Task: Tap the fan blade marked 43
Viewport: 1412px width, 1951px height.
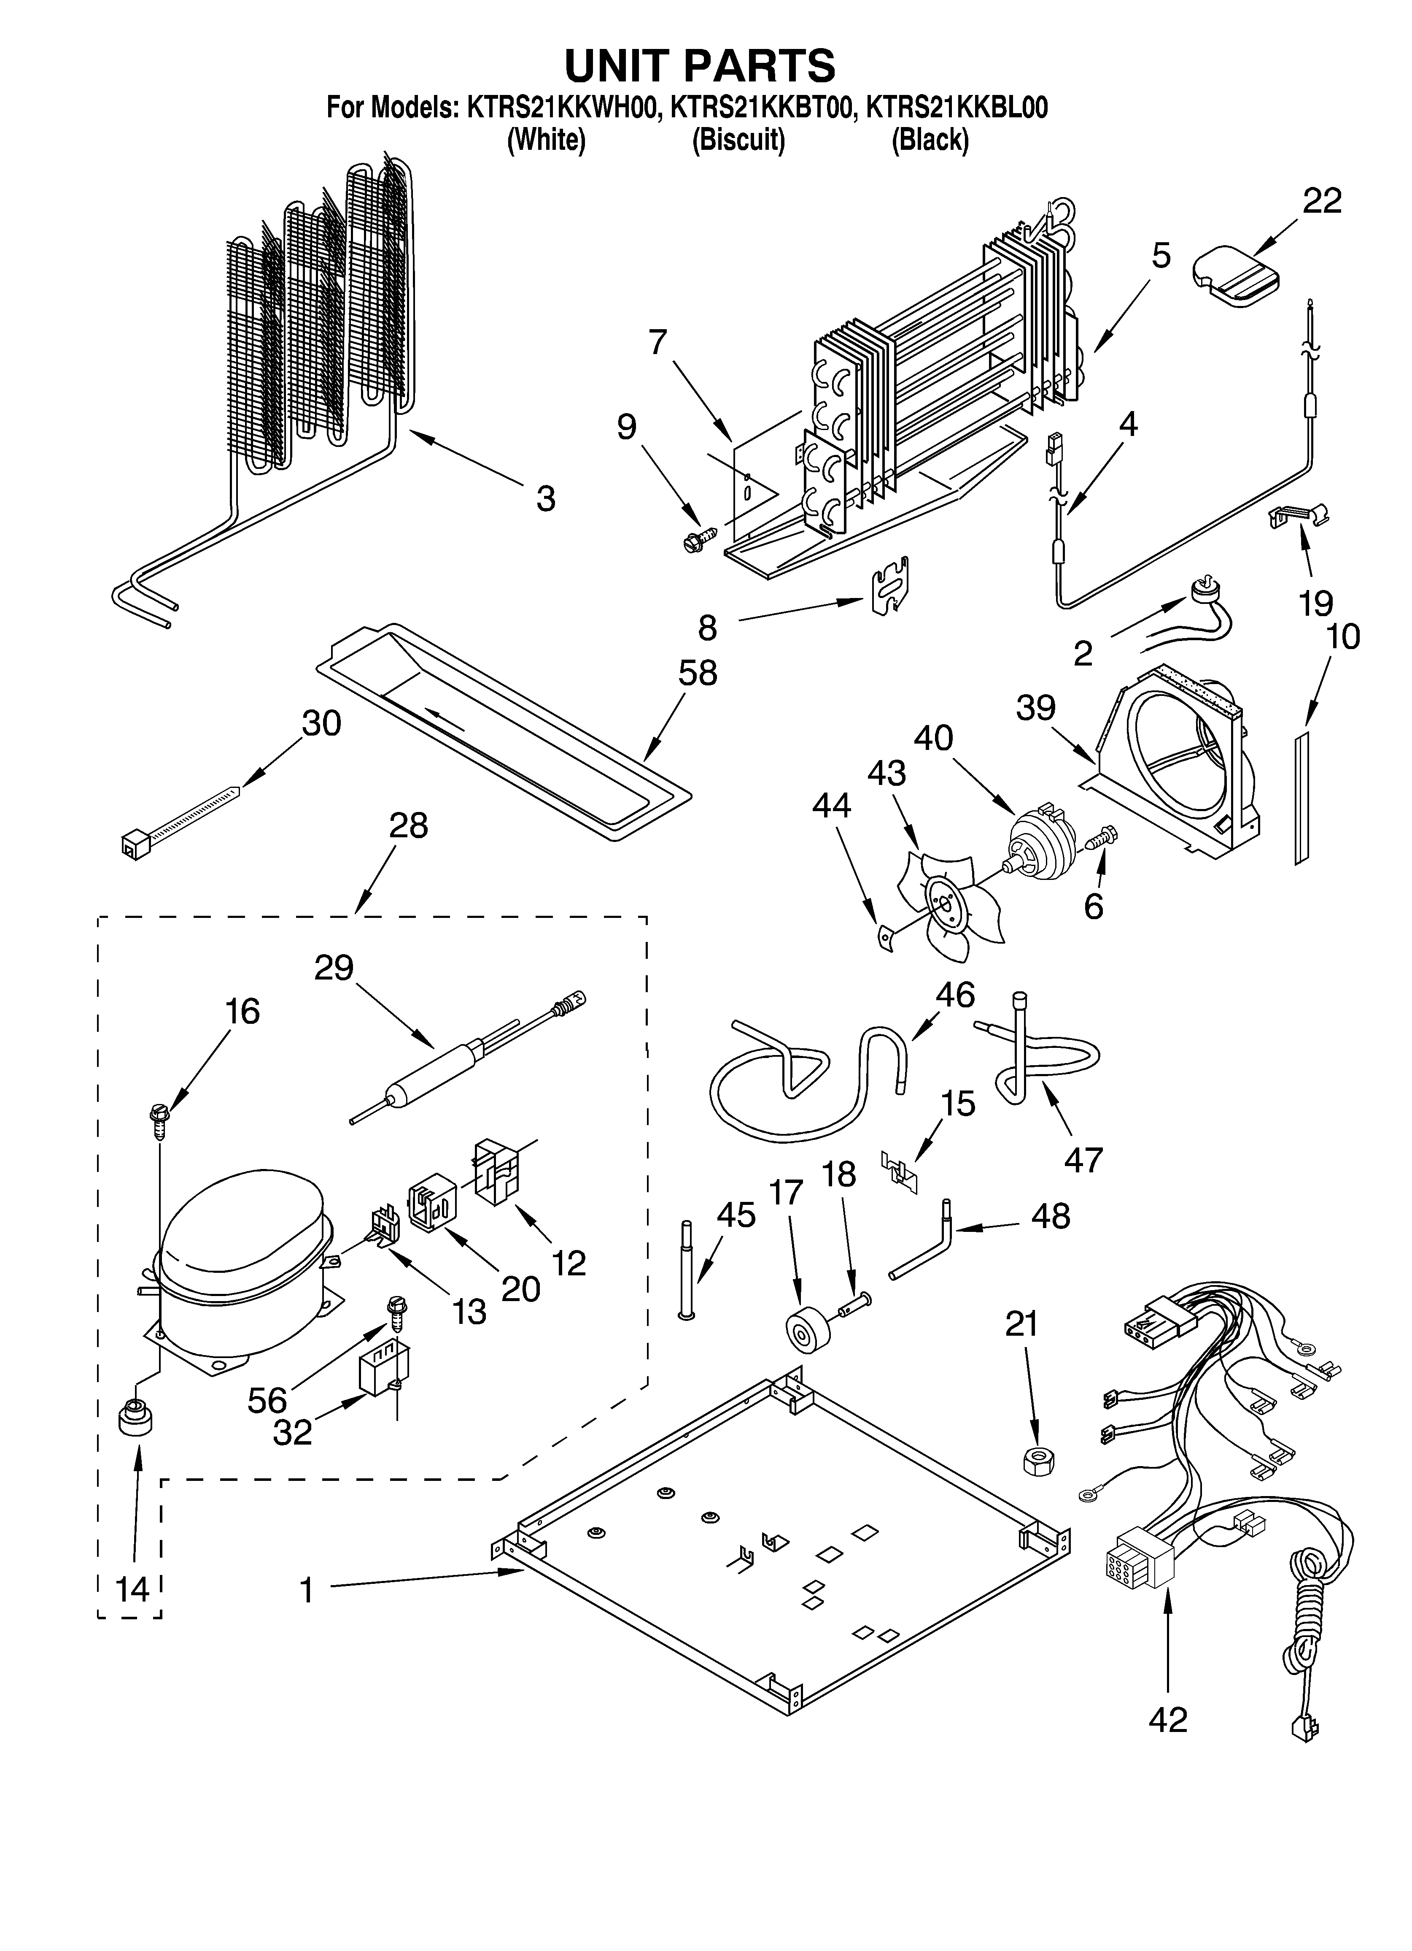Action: point(946,903)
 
